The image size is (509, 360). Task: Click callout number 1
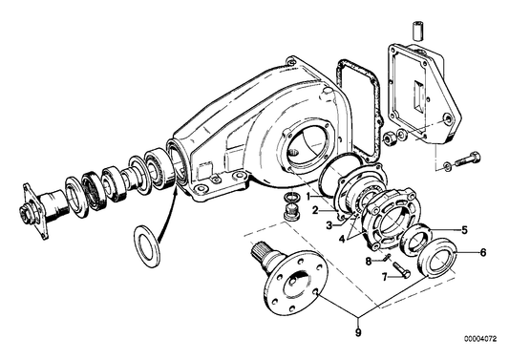pos(308,196)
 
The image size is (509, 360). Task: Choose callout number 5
pos(464,229)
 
